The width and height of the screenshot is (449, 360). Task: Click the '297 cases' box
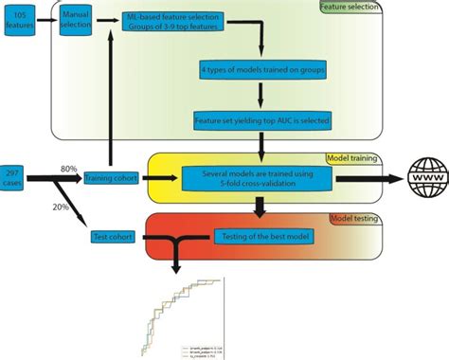tap(16, 176)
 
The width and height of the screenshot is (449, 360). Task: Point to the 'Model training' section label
tap(351, 158)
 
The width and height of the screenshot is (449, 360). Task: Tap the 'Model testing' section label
tap(353, 218)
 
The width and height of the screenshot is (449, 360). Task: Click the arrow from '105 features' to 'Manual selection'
tap(45, 18)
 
